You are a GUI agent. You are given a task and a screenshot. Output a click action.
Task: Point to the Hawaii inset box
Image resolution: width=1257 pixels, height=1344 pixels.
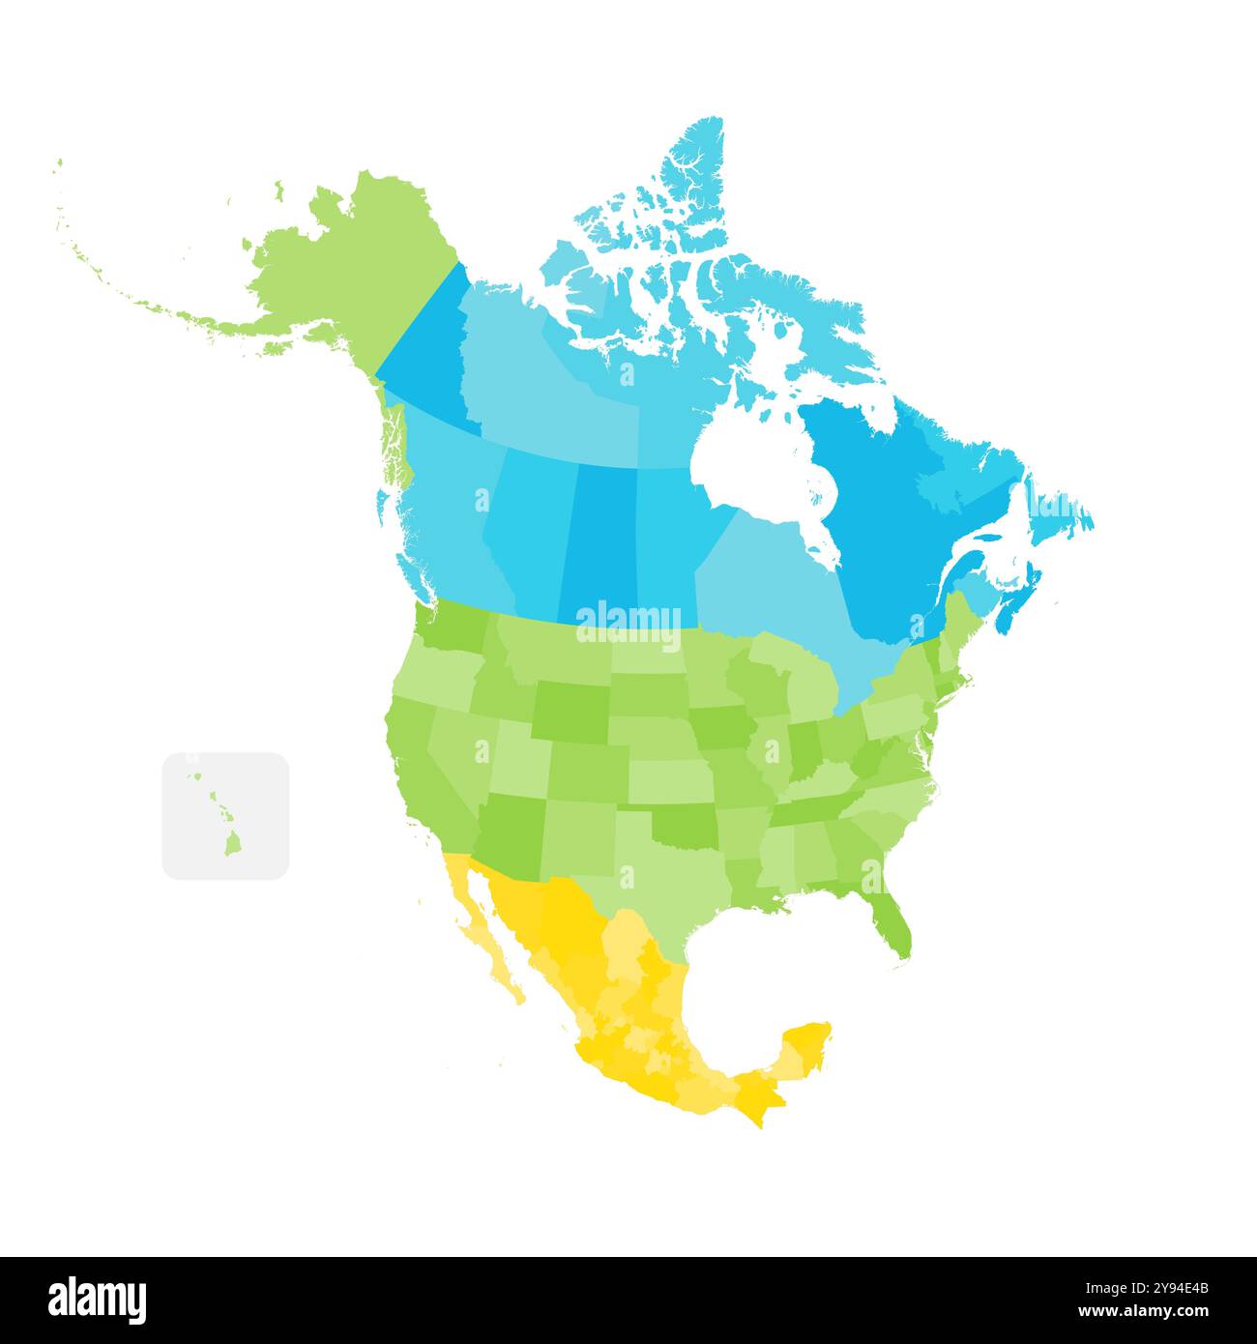(225, 815)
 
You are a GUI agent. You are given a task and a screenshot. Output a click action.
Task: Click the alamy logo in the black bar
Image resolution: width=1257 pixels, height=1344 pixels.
(98, 1300)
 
